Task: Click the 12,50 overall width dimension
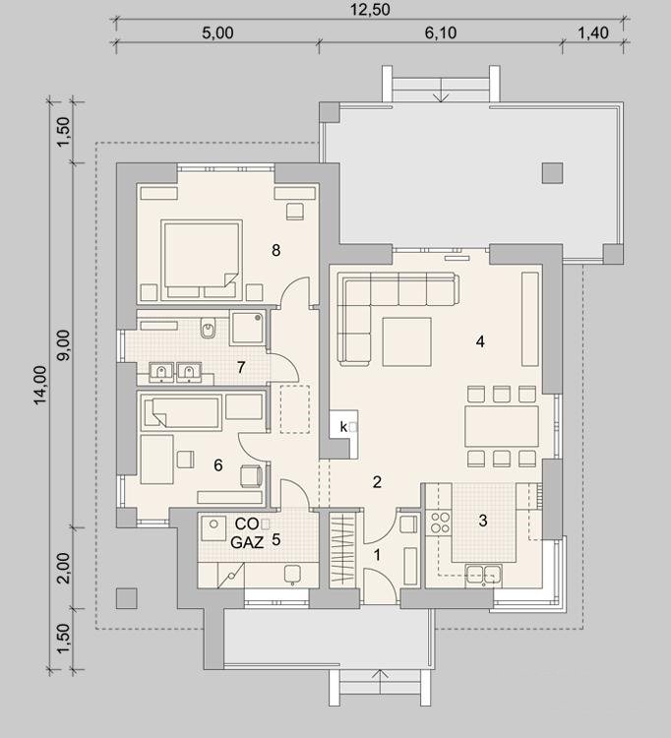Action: [x=370, y=10]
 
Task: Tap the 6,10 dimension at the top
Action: [x=441, y=32]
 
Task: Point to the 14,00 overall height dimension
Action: [x=40, y=385]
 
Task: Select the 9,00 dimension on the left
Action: [x=64, y=345]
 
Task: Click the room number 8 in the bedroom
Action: [x=276, y=250]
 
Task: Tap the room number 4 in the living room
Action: [x=480, y=341]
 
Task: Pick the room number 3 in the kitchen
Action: [x=483, y=521]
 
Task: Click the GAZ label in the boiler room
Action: [x=247, y=542]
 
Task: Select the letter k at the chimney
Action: [x=343, y=427]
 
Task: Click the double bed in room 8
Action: [x=202, y=260]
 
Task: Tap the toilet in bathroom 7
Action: [x=208, y=327]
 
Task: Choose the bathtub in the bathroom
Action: [x=183, y=413]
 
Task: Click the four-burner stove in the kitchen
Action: [x=441, y=523]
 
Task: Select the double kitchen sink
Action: [x=483, y=576]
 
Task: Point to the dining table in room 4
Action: [x=502, y=426]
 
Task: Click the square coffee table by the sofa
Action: [x=407, y=341]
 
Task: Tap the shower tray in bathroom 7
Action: [x=247, y=328]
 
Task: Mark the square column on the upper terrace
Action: [x=552, y=173]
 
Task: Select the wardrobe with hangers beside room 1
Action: [x=342, y=551]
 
